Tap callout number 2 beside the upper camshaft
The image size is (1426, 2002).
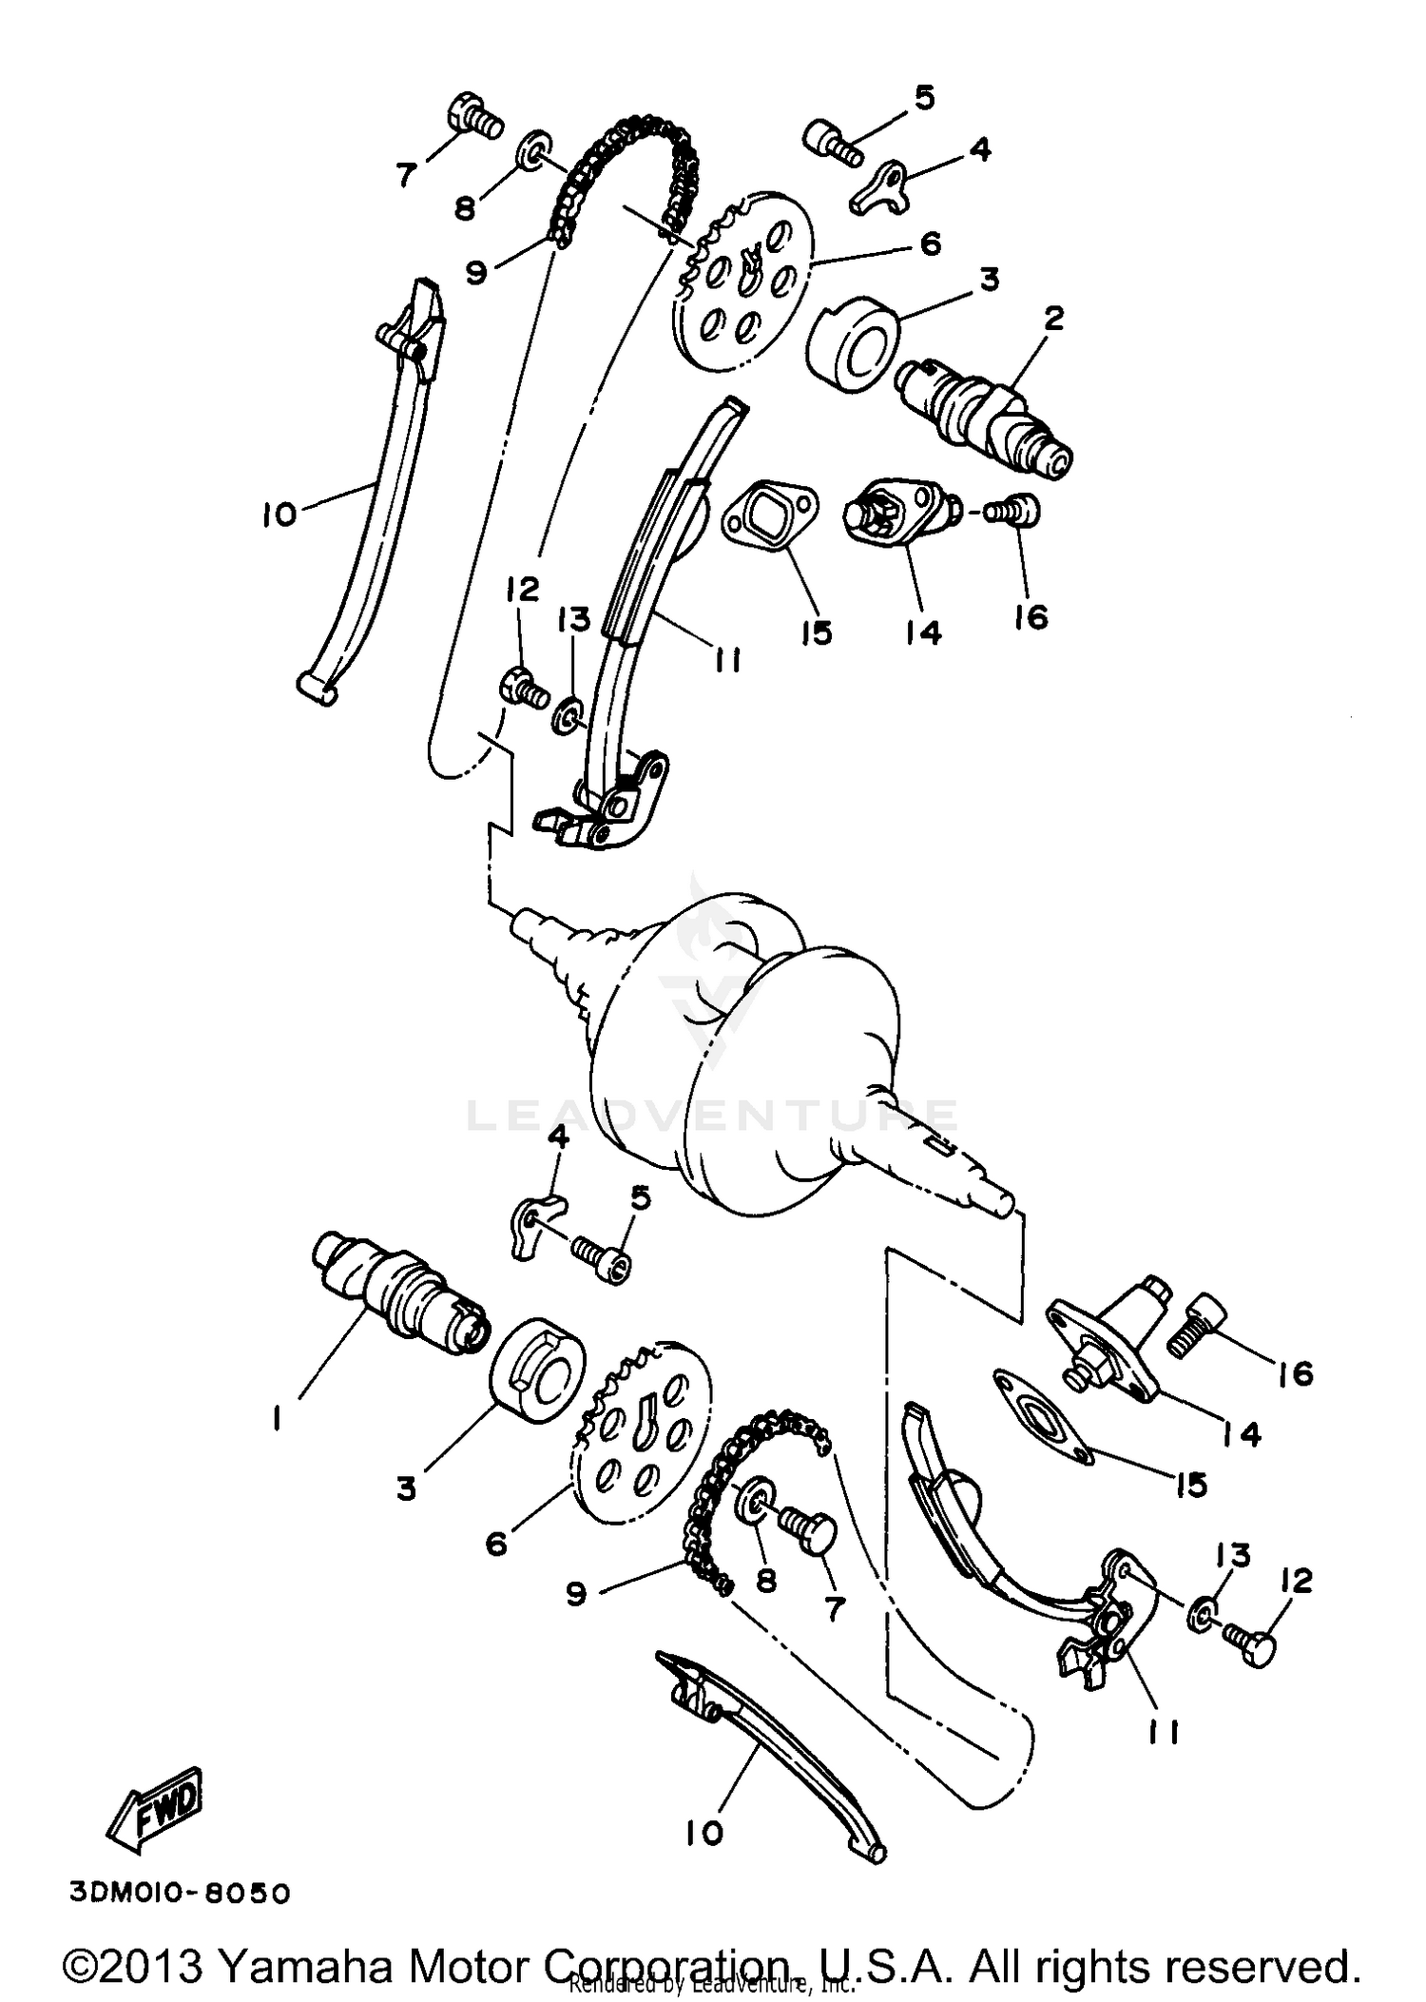point(1052,319)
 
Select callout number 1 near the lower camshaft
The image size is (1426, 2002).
point(276,1419)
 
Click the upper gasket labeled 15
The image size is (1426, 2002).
point(769,515)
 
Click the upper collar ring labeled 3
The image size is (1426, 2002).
point(853,346)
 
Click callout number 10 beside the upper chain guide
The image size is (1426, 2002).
point(279,515)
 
